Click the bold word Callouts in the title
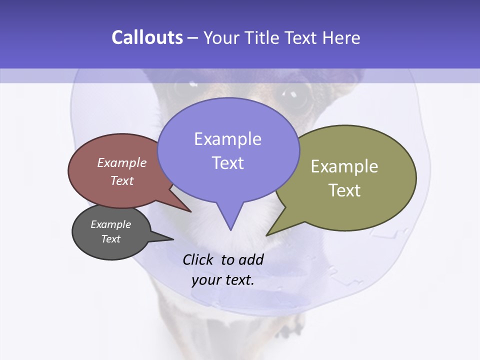click(147, 37)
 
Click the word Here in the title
click(341, 37)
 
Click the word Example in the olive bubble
click(344, 166)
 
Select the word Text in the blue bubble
click(228, 163)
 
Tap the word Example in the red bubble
click(122, 163)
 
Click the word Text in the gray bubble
click(111, 239)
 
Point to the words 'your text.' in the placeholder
click(223, 280)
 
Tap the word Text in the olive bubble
click(345, 190)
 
